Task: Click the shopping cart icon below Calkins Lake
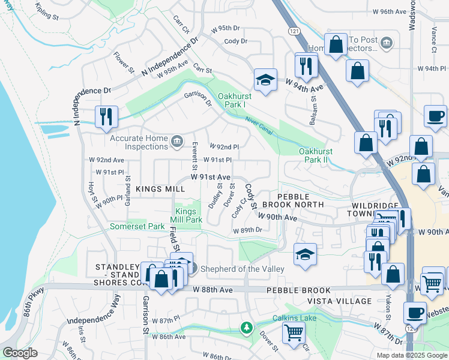pos(294,332)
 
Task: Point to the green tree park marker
pos(246,328)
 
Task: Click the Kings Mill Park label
pos(188,215)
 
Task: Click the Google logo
pos(20,353)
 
